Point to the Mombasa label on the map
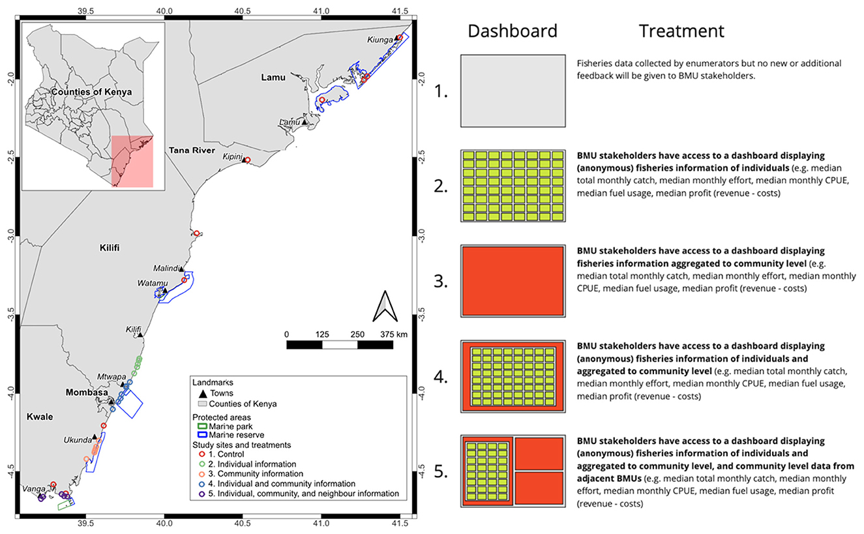click(86, 393)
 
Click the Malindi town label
click(163, 268)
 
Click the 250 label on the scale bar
click(357, 334)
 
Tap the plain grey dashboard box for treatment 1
click(513, 91)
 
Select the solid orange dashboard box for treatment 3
click(513, 280)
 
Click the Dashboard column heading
click(513, 31)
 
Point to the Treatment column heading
click(681, 31)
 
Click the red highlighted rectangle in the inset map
click(132, 161)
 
